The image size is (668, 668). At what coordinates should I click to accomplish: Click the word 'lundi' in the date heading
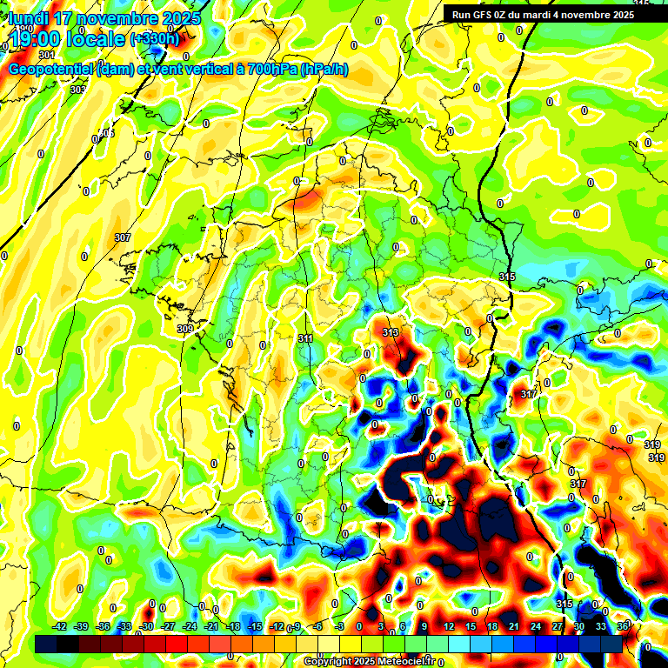(x=27, y=18)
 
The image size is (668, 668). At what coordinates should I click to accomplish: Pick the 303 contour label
(x=77, y=90)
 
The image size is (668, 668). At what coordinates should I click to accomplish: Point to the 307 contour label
(x=122, y=237)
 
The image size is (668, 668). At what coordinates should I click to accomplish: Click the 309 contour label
(x=184, y=329)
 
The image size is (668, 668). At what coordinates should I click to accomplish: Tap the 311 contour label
(x=305, y=338)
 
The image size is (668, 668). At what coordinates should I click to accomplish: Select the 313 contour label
(x=391, y=333)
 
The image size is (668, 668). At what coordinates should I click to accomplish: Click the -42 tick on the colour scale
(x=60, y=626)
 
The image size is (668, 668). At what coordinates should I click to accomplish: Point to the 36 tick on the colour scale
(x=623, y=626)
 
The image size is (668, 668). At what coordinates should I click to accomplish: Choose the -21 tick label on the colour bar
(x=211, y=626)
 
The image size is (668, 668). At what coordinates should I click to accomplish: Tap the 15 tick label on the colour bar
(x=471, y=626)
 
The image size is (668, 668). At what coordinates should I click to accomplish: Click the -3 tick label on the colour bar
(x=341, y=626)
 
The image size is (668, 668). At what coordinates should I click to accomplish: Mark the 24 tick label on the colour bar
(x=535, y=626)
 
